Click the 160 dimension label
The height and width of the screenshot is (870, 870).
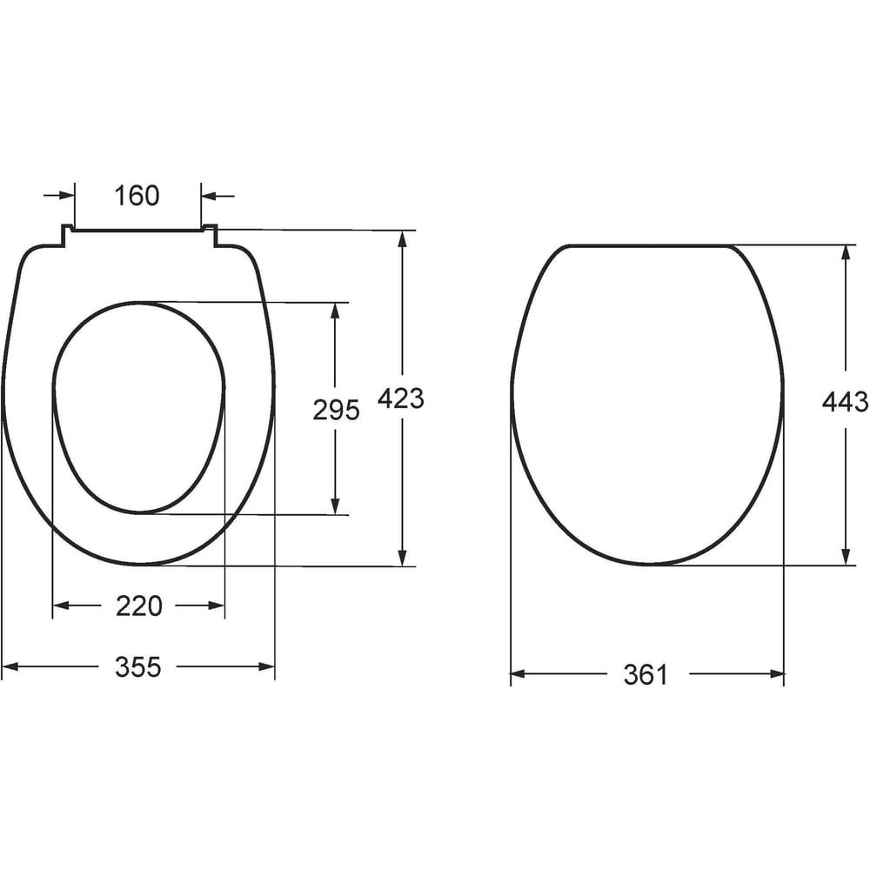pos(137,195)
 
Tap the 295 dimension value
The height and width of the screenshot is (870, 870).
pos(336,410)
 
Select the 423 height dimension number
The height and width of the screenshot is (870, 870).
pos(400,398)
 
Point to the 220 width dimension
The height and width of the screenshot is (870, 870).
pos(138,606)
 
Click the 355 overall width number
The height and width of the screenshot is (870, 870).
pos(138,666)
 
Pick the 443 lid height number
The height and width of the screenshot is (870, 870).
pos(845,401)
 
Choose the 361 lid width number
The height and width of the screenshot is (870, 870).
pos(646,675)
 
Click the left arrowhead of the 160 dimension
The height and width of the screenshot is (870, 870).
pos(67,195)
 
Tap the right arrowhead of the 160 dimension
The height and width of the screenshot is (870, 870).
pos(209,196)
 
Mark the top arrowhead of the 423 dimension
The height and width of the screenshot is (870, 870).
pos(403,238)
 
